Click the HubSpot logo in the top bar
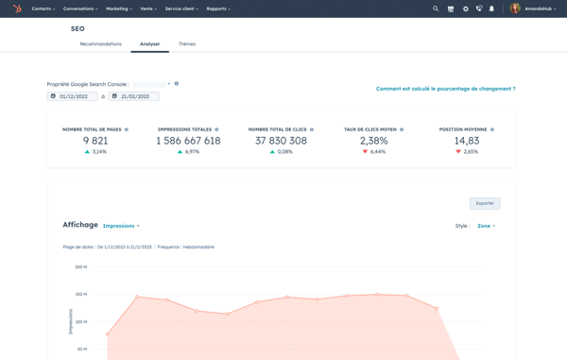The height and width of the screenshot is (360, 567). pos(17,9)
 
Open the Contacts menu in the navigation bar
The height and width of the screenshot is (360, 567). pos(43,9)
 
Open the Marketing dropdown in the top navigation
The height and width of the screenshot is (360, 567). pos(119,9)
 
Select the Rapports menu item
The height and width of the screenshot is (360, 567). pos(217,9)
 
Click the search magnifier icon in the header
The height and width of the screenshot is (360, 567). pos(436,9)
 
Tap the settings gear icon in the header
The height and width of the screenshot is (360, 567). pos(465,9)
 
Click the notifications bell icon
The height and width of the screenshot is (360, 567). pos(491,9)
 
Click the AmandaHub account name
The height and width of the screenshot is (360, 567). pos(539,9)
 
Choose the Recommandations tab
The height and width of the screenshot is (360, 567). pos(100,44)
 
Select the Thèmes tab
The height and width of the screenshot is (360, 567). pos(187,44)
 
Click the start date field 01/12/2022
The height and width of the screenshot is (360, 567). pos(73,96)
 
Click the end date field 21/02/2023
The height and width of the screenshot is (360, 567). pos(133,96)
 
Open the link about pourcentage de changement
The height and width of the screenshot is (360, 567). pos(445,89)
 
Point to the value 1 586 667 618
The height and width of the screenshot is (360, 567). pos(188,141)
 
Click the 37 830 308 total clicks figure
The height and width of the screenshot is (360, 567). pos(281,141)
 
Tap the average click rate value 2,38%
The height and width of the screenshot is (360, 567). pos(373,141)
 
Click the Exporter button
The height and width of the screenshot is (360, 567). pos(485,203)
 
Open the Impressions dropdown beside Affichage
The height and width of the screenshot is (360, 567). pos(121,226)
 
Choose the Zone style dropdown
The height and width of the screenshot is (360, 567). pos(486,226)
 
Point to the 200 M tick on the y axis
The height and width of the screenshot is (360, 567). pos(81,267)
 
